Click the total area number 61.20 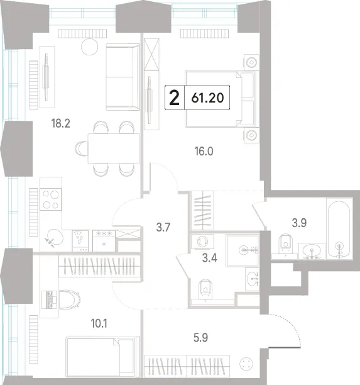207,98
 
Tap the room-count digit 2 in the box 175,98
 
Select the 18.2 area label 61,123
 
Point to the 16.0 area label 204,151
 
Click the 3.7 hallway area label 163,227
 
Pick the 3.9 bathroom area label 299,223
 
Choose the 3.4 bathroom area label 209,258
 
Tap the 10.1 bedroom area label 99,323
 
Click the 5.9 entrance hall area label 200,338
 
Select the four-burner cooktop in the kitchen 51,199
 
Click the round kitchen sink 55,237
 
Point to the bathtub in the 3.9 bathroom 339,229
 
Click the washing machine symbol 202,241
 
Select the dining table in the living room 114,148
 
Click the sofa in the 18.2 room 123,77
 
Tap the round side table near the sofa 89,47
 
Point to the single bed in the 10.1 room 101,357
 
